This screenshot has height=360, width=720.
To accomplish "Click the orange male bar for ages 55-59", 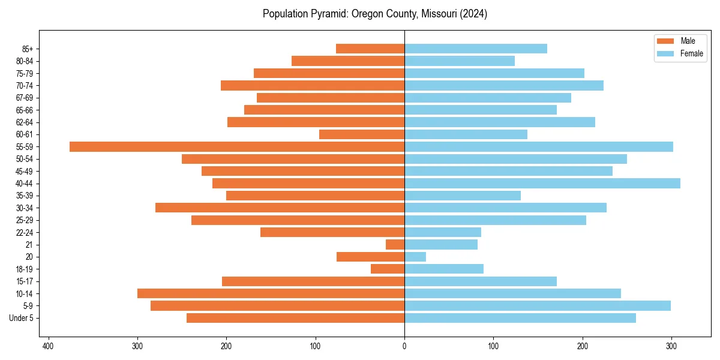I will point(237,146).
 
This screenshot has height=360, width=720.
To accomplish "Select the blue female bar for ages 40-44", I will point(542,183).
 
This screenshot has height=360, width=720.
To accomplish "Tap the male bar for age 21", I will point(395,244).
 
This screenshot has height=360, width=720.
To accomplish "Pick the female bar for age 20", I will point(415,257).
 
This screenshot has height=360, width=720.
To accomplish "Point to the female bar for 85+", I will point(476,49).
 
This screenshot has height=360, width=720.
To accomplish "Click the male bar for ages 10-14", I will point(271,293).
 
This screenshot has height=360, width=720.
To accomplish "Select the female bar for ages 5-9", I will point(538,305).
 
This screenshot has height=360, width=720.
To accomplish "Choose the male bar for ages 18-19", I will point(388,269).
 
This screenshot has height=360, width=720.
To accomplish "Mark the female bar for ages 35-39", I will point(463,196).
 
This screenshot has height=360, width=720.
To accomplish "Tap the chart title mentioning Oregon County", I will point(374,14).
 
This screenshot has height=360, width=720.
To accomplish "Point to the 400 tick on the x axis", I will point(49,346).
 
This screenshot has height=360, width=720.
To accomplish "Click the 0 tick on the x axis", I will point(404,346).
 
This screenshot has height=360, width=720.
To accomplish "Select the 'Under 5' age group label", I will point(21,318).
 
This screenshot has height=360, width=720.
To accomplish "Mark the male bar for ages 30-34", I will point(280,208).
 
